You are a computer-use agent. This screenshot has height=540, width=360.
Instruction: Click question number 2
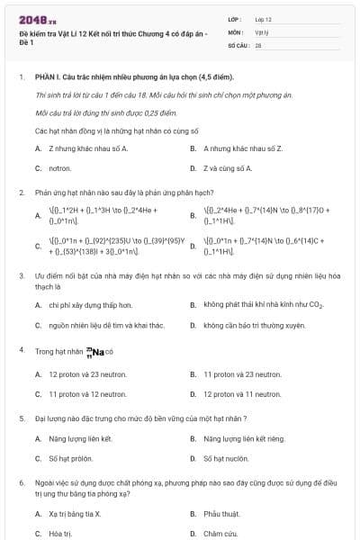point(21,193)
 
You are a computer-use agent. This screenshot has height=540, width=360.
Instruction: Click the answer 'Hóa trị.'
point(58,534)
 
